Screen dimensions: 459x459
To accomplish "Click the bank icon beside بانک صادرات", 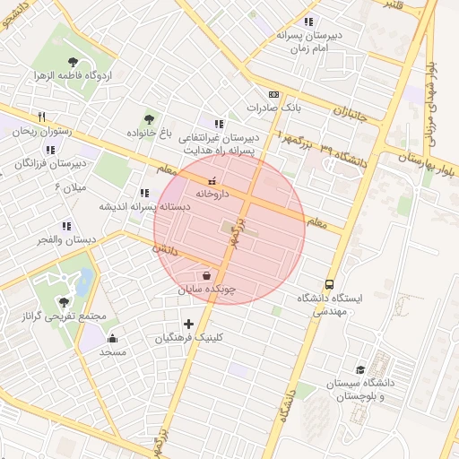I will (273, 94).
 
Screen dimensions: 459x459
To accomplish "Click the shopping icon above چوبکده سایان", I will (207, 276).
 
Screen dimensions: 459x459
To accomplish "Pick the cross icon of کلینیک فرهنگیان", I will (188, 324).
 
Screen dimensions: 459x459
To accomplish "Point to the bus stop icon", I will (330, 283).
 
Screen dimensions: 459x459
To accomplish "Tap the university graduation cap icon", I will (360, 369).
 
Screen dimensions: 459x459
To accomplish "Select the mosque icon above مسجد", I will (112, 338).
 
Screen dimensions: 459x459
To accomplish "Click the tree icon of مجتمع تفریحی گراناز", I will (63, 302).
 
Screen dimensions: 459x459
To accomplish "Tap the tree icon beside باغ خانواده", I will (149, 117).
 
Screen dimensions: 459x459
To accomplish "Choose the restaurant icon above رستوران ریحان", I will (41, 117).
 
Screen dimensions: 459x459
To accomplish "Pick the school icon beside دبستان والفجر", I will (65, 226).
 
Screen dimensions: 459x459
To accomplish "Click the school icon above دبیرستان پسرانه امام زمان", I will (309, 22).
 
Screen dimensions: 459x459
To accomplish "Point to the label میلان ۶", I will (69, 187).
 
